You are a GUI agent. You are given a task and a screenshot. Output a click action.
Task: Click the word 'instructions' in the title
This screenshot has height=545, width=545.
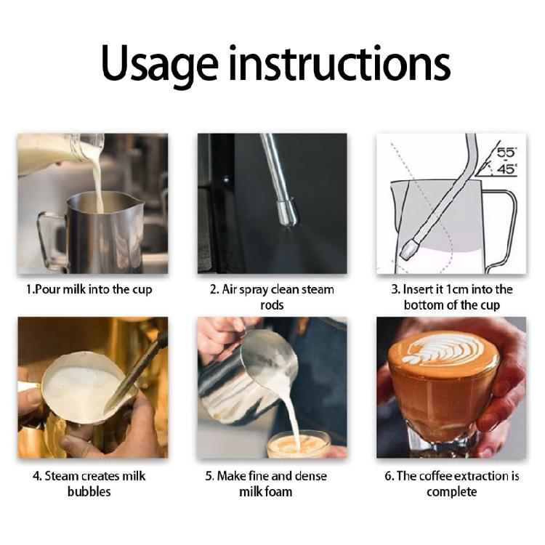point(339,62)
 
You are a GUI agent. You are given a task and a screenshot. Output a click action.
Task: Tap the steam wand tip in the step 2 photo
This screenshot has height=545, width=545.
point(288,212)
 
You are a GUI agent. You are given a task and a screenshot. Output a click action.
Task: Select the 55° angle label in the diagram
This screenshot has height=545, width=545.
point(506,153)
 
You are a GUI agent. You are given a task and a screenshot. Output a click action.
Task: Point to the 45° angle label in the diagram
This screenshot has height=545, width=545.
point(506,169)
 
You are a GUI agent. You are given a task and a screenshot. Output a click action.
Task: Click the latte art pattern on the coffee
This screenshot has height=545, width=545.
point(445,351)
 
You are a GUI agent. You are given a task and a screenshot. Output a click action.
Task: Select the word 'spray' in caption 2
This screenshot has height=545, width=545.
point(252,290)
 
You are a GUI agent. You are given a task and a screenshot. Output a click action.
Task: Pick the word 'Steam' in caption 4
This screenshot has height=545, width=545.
point(58,476)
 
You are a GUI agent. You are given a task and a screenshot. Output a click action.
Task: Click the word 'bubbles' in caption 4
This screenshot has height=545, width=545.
point(89,491)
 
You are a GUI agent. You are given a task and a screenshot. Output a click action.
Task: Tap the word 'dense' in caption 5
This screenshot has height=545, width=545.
point(312,476)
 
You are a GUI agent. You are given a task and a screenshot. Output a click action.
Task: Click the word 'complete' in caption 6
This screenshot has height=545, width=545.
point(451,492)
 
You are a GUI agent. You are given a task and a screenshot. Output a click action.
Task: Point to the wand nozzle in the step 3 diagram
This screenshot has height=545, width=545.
point(409,248)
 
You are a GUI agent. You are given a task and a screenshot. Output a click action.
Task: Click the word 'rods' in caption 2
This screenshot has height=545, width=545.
point(272,305)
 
